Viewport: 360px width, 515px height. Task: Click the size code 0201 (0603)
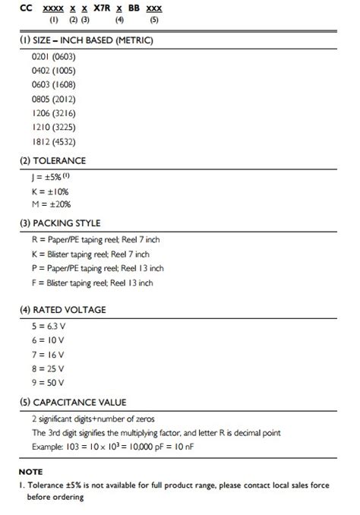[53, 57]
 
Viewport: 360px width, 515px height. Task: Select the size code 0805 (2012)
[53, 99]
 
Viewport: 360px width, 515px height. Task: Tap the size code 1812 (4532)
[53, 141]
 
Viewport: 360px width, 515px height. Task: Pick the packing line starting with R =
[96, 240]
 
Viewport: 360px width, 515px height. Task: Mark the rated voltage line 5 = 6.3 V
[48, 327]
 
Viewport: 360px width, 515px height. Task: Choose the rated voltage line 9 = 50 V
[48, 381]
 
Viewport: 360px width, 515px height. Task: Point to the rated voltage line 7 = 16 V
[48, 354]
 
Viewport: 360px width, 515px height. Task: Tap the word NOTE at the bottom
[31, 472]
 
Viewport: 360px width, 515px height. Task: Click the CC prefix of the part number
[25, 6]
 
